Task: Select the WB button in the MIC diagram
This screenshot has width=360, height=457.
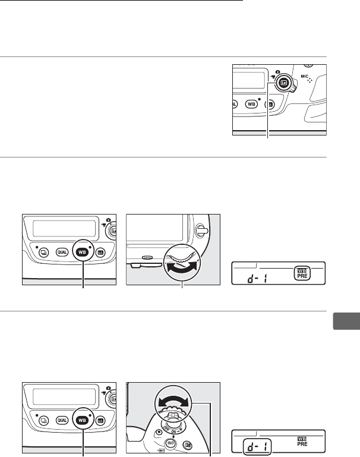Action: coord(251,103)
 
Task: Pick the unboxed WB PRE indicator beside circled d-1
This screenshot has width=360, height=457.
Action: coord(304,439)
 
